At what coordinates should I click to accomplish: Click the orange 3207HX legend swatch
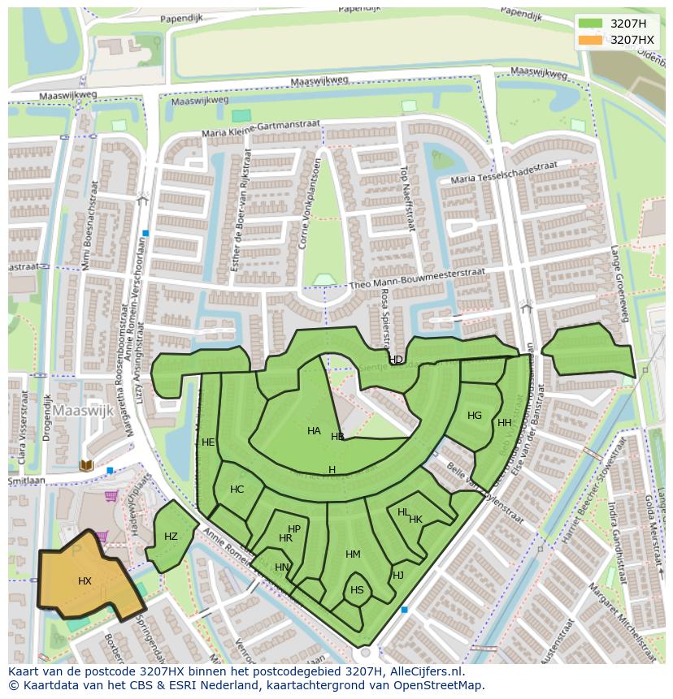tap(591, 40)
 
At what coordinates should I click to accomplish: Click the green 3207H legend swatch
tap(591, 24)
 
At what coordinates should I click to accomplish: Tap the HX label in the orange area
tap(85, 581)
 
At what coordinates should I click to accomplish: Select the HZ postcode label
tap(171, 537)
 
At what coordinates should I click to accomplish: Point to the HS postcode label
tap(357, 590)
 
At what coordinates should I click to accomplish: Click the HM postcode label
tap(353, 554)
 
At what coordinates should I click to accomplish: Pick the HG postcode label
tap(475, 416)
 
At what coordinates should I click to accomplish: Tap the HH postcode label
tap(505, 423)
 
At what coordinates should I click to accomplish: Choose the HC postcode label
tap(237, 490)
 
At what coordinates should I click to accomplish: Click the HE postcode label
tap(208, 442)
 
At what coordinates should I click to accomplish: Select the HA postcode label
tap(314, 431)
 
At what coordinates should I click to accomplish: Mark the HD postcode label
tap(396, 360)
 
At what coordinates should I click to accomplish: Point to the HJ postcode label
tap(398, 576)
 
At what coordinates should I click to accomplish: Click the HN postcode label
tap(281, 567)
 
